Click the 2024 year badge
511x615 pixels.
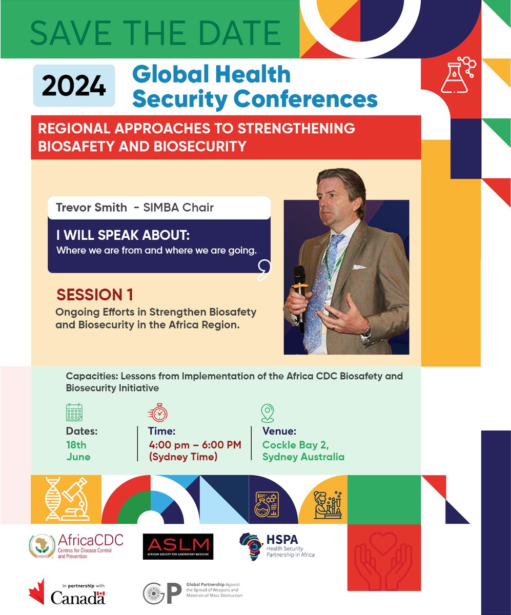74,86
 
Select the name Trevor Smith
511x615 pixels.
91,208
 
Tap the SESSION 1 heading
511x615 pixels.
95,295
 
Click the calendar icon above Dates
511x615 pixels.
74,413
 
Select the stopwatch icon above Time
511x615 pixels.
157,413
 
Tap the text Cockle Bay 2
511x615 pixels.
295,445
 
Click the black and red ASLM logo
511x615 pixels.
178,546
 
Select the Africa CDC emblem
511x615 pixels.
43,546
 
